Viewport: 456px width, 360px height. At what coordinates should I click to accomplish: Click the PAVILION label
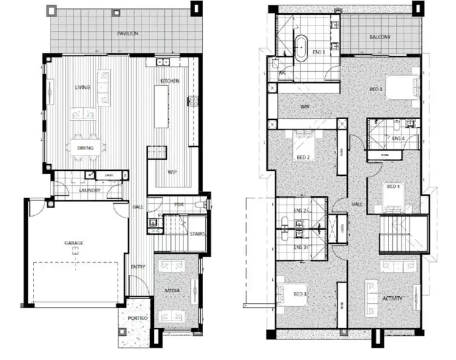click(x=128, y=33)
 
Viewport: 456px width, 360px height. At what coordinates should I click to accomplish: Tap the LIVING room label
click(x=82, y=88)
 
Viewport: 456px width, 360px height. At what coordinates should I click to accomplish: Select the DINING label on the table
click(x=85, y=147)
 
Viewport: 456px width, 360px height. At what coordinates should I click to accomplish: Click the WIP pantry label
click(x=172, y=171)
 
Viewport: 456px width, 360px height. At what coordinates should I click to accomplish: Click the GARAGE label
click(x=74, y=243)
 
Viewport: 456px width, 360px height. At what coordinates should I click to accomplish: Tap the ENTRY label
click(x=138, y=266)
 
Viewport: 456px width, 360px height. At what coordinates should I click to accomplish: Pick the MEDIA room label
click(x=172, y=292)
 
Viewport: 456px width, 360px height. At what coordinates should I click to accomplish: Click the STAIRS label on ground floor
click(x=197, y=234)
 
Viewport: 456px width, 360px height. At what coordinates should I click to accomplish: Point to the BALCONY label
click(x=379, y=37)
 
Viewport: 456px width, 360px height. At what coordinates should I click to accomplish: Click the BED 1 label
click(x=376, y=89)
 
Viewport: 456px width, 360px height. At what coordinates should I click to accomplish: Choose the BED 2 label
click(x=304, y=157)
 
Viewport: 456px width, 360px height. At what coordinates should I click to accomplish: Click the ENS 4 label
click(x=398, y=139)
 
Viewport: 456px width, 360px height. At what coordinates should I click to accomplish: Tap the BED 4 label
click(x=393, y=186)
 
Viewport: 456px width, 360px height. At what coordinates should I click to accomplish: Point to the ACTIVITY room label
click(x=393, y=299)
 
